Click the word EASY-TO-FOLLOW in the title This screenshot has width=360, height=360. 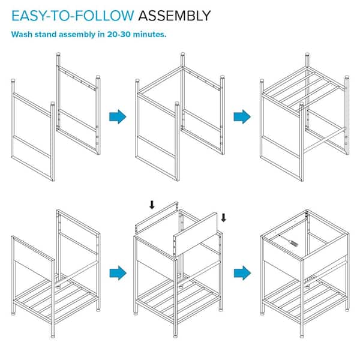point(73,16)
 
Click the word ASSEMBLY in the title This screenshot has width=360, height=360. point(175,16)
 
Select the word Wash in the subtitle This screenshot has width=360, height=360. point(22,34)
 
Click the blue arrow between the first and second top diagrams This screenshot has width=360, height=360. point(118,116)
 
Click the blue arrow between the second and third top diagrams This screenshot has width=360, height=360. point(242,116)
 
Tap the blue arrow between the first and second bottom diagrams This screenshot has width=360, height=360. point(118,273)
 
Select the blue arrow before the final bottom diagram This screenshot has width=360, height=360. point(242,273)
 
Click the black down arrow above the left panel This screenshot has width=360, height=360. point(152,205)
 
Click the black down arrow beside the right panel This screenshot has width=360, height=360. point(223,218)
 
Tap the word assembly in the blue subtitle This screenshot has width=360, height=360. point(77,35)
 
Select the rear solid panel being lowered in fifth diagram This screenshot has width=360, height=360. point(157,218)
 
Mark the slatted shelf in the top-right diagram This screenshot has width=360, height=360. point(303,89)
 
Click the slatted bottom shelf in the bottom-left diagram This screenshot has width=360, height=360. point(56,299)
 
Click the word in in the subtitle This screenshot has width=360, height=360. point(101,34)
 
